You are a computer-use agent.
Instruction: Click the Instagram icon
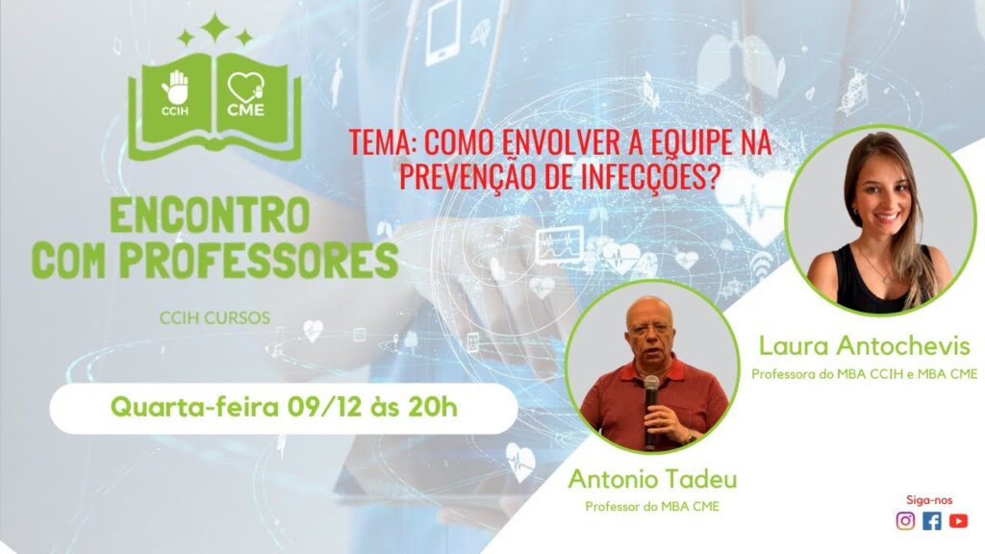click(905, 520)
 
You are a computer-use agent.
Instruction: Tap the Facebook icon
click(932, 520)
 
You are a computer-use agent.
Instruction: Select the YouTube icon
click(959, 520)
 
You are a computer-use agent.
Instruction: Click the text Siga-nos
click(929, 500)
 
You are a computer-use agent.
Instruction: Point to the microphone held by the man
click(651, 408)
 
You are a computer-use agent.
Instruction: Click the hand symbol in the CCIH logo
click(175, 88)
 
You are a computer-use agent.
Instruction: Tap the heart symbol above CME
click(246, 87)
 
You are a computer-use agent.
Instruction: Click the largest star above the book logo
click(215, 28)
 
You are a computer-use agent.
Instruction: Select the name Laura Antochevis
click(865, 346)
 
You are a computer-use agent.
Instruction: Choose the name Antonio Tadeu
click(653, 479)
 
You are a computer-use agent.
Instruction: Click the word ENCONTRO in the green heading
click(210, 214)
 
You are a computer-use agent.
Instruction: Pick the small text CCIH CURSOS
click(215, 317)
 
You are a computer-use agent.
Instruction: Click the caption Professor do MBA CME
click(652, 506)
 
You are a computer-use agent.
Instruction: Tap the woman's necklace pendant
click(886, 279)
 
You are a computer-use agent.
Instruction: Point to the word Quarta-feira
click(194, 408)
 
